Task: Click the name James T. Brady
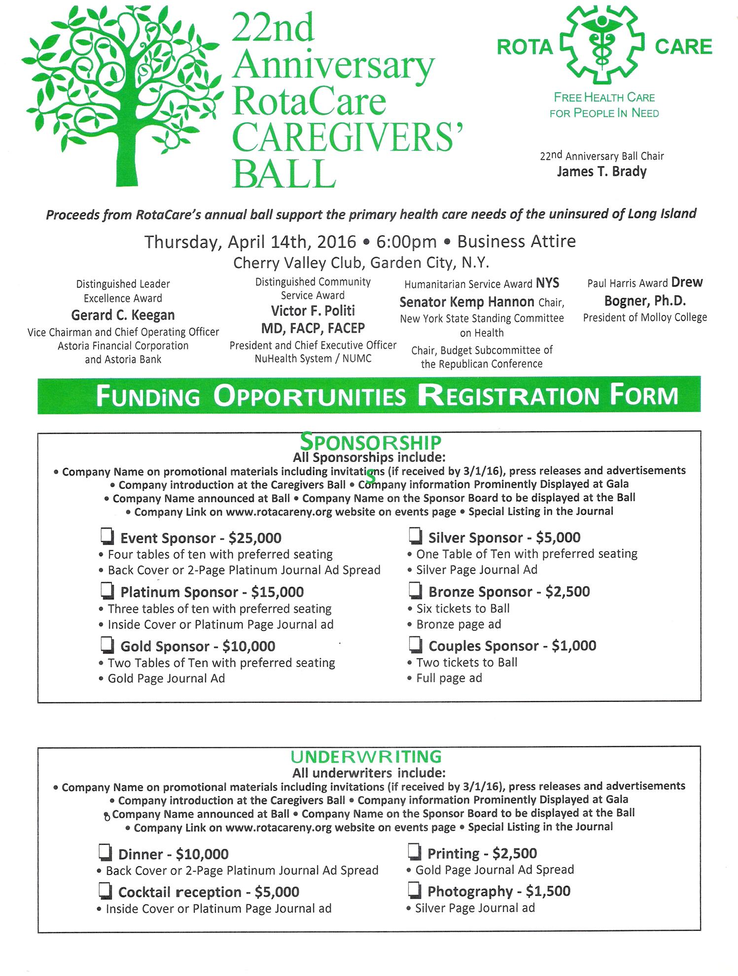601,172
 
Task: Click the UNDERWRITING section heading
366,757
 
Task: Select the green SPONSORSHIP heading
370,440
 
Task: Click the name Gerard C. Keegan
123,315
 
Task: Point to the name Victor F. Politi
313,311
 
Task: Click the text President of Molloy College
645,317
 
